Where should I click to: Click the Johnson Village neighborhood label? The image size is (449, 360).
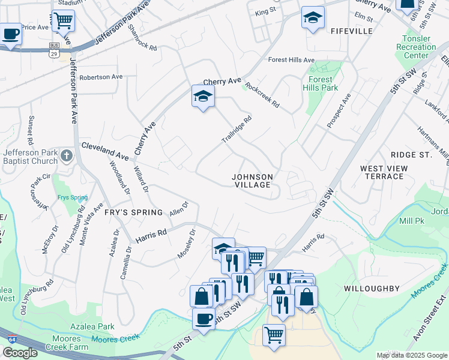coord(253,181)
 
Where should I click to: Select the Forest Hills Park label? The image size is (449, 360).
coord(323,83)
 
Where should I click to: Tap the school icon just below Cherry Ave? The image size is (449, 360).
coord(203,96)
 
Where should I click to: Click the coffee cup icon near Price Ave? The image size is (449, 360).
coord(10,34)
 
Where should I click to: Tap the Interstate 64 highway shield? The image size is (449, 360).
coord(12,338)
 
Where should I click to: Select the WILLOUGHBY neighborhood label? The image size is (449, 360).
coord(372,289)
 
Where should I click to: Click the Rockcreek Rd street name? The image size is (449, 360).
coord(262,95)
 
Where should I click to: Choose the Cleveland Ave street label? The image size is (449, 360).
coord(105,151)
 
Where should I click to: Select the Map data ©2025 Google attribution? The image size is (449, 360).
coord(412,355)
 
